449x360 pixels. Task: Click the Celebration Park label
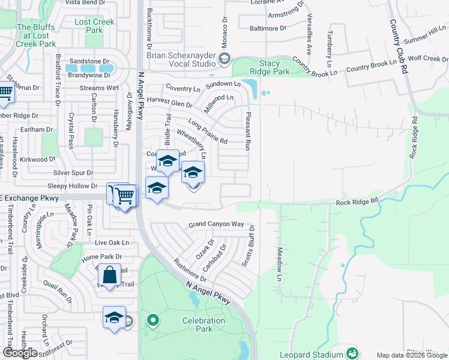point(204,325)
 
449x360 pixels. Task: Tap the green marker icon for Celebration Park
point(152,320)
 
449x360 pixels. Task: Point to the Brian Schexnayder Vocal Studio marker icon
point(224,58)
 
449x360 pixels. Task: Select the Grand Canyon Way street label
point(216,224)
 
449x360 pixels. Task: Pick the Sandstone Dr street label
point(89,61)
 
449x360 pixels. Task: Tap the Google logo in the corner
point(20,353)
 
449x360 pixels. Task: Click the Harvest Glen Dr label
point(169,103)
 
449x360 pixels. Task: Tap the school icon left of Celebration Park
point(113,317)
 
